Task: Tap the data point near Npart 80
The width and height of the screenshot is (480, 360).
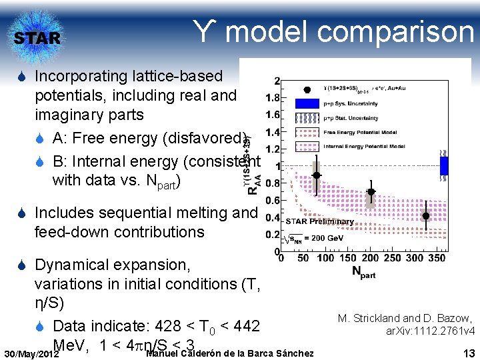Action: pyautogui.click(x=317, y=175)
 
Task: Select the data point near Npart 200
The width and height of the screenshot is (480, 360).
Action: pyautogui.click(x=371, y=192)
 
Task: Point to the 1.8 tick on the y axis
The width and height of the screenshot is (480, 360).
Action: pyautogui.click(x=272, y=97)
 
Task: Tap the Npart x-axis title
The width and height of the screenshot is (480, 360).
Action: pyautogui.click(x=364, y=272)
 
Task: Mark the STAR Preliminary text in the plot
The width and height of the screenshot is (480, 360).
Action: pyautogui.click(x=321, y=221)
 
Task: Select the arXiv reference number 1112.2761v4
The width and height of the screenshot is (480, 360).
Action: pyautogui.click(x=431, y=331)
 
